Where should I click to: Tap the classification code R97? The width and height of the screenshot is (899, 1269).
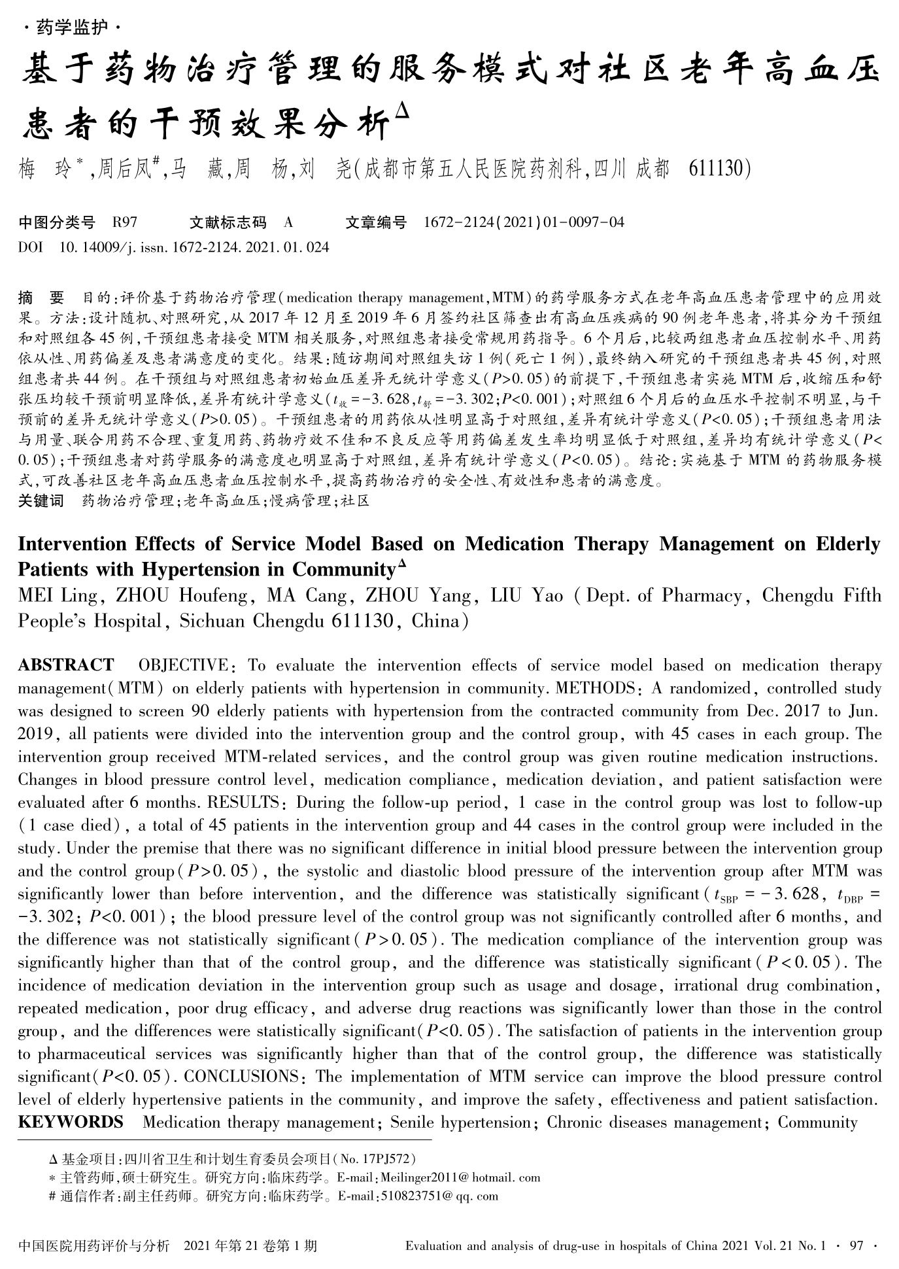(125, 222)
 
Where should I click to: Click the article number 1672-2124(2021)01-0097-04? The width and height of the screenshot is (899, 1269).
(524, 222)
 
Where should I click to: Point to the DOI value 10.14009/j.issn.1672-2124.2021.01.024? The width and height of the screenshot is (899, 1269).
(194, 247)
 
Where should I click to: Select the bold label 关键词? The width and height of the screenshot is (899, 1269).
(41, 501)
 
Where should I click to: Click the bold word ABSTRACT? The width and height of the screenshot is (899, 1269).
(65, 666)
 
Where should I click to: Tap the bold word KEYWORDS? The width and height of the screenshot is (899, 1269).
(71, 1122)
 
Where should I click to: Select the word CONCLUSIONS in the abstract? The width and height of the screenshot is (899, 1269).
(241, 1077)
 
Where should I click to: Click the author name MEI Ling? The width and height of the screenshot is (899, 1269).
(58, 596)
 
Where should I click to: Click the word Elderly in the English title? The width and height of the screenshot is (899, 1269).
(848, 544)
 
